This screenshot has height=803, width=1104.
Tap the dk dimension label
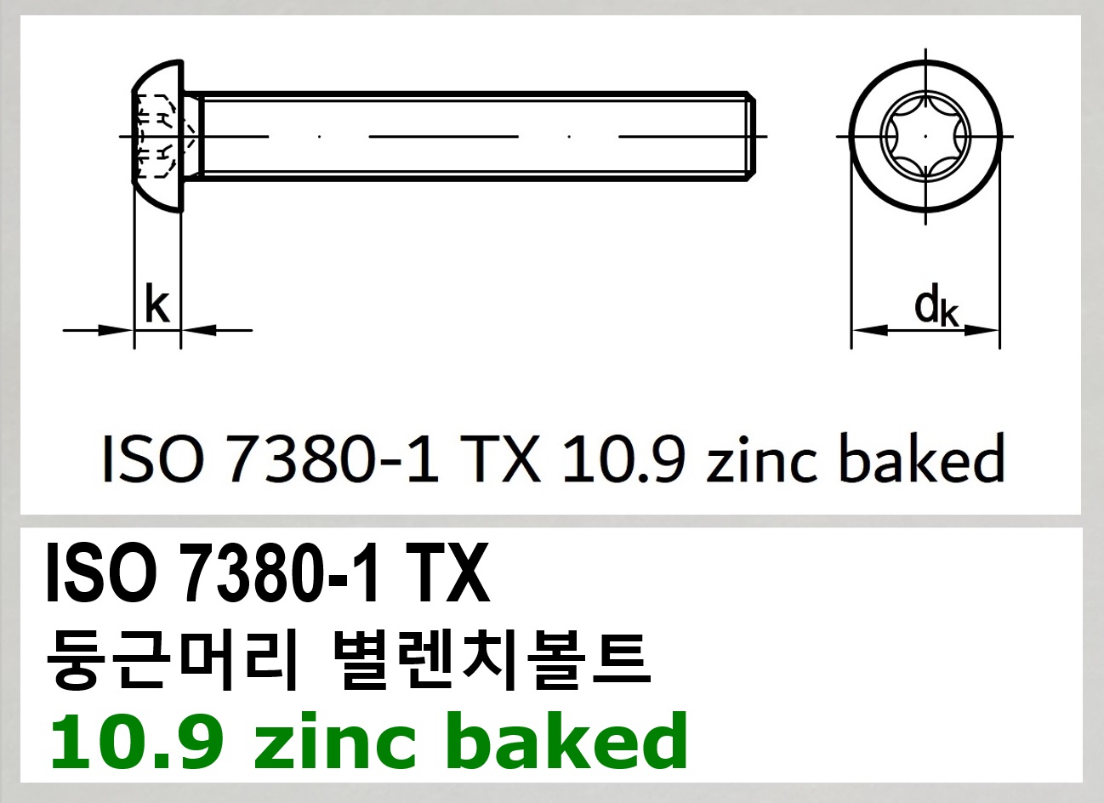coord(936,307)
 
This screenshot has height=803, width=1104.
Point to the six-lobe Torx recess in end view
coord(925,136)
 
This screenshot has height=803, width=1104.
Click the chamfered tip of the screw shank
coord(752,136)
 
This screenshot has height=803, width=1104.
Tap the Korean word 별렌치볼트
coord(488,660)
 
